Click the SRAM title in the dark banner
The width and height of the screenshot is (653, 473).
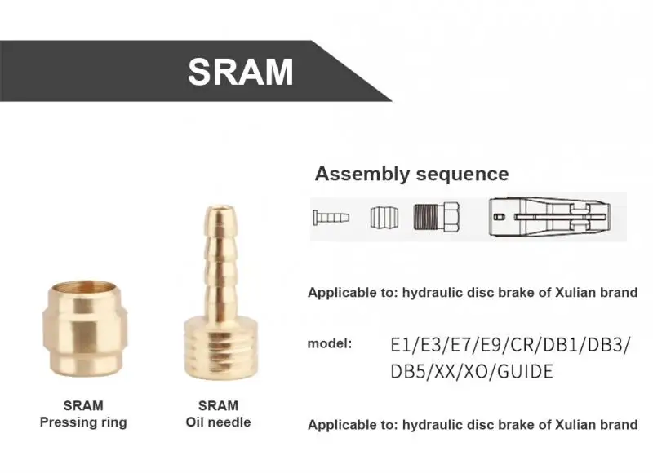[x=240, y=72]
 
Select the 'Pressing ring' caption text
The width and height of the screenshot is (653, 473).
[x=83, y=422]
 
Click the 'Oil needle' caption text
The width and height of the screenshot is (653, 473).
[x=218, y=422]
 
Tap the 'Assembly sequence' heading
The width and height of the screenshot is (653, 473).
[x=411, y=174]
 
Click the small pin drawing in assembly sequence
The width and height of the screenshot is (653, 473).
[x=330, y=218]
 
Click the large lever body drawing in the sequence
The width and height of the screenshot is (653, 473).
[x=555, y=218]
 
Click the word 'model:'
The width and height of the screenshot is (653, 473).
[x=330, y=343]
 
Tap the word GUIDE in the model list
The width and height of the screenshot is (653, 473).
[x=525, y=372]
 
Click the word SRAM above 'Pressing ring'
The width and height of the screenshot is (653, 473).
[x=83, y=405]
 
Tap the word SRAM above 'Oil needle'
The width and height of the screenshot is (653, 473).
[x=218, y=405]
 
